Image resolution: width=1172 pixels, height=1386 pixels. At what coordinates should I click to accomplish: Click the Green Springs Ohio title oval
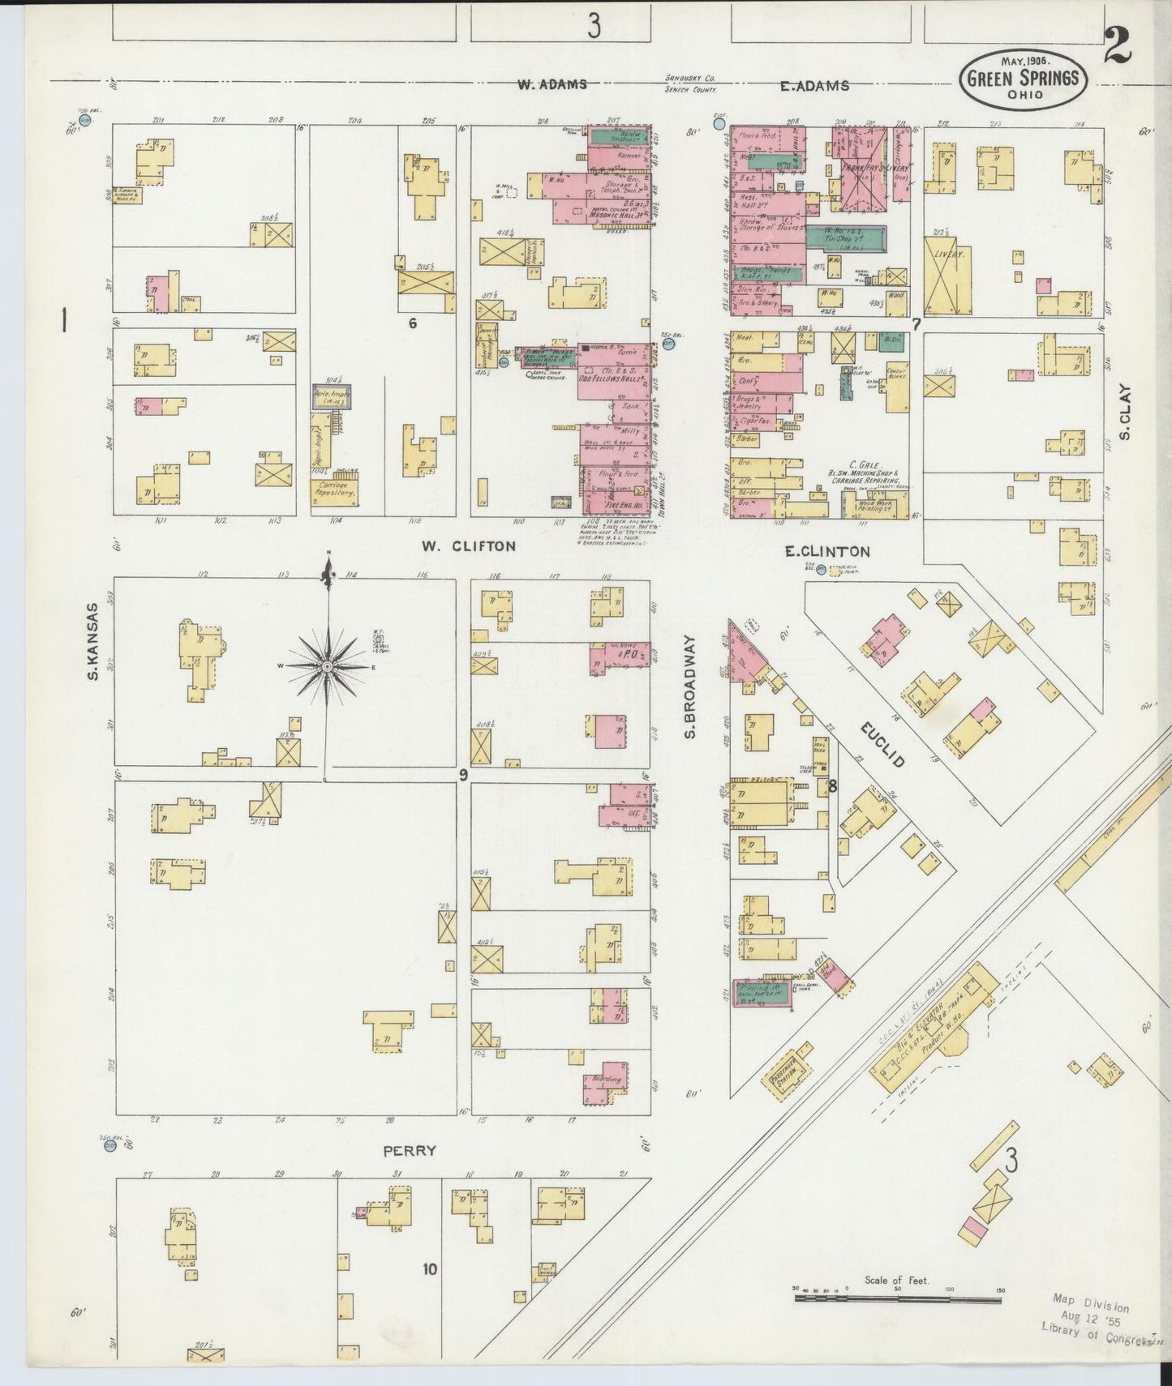coord(1024,79)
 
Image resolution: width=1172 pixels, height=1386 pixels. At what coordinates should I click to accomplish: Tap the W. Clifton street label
coord(468,546)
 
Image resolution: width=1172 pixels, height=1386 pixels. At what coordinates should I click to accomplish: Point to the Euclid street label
coord(882,745)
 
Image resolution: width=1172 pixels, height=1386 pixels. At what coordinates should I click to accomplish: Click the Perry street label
coord(410,1150)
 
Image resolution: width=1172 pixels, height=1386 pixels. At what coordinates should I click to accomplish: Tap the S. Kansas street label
coord(93,640)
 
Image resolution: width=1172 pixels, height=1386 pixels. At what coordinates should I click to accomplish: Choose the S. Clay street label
coord(1125,412)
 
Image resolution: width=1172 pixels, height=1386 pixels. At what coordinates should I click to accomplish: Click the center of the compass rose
coord(327,666)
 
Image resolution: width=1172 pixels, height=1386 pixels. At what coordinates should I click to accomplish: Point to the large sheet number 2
coord(1117,47)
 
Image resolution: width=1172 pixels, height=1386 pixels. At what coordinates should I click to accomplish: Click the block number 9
coord(463,776)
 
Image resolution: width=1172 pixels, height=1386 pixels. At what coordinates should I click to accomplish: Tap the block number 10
coord(429,1268)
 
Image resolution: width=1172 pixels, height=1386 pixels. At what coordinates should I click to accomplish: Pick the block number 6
coord(412,323)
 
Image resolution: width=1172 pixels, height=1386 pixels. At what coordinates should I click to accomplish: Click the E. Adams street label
coord(814,86)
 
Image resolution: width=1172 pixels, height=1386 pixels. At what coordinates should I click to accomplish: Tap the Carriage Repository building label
coord(335,489)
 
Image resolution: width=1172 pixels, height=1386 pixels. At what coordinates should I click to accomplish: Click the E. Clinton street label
coord(826,552)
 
